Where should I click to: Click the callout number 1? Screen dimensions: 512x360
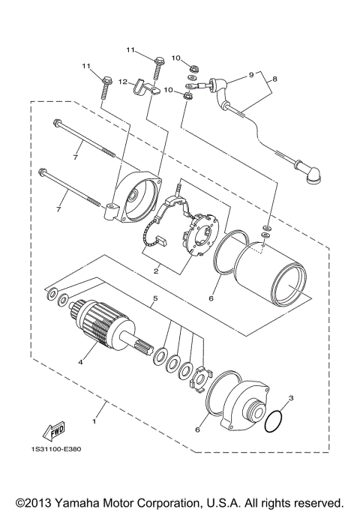coord(94,422)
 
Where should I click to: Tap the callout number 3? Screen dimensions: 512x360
coord(290,398)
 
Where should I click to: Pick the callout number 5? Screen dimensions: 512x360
coord(154,300)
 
